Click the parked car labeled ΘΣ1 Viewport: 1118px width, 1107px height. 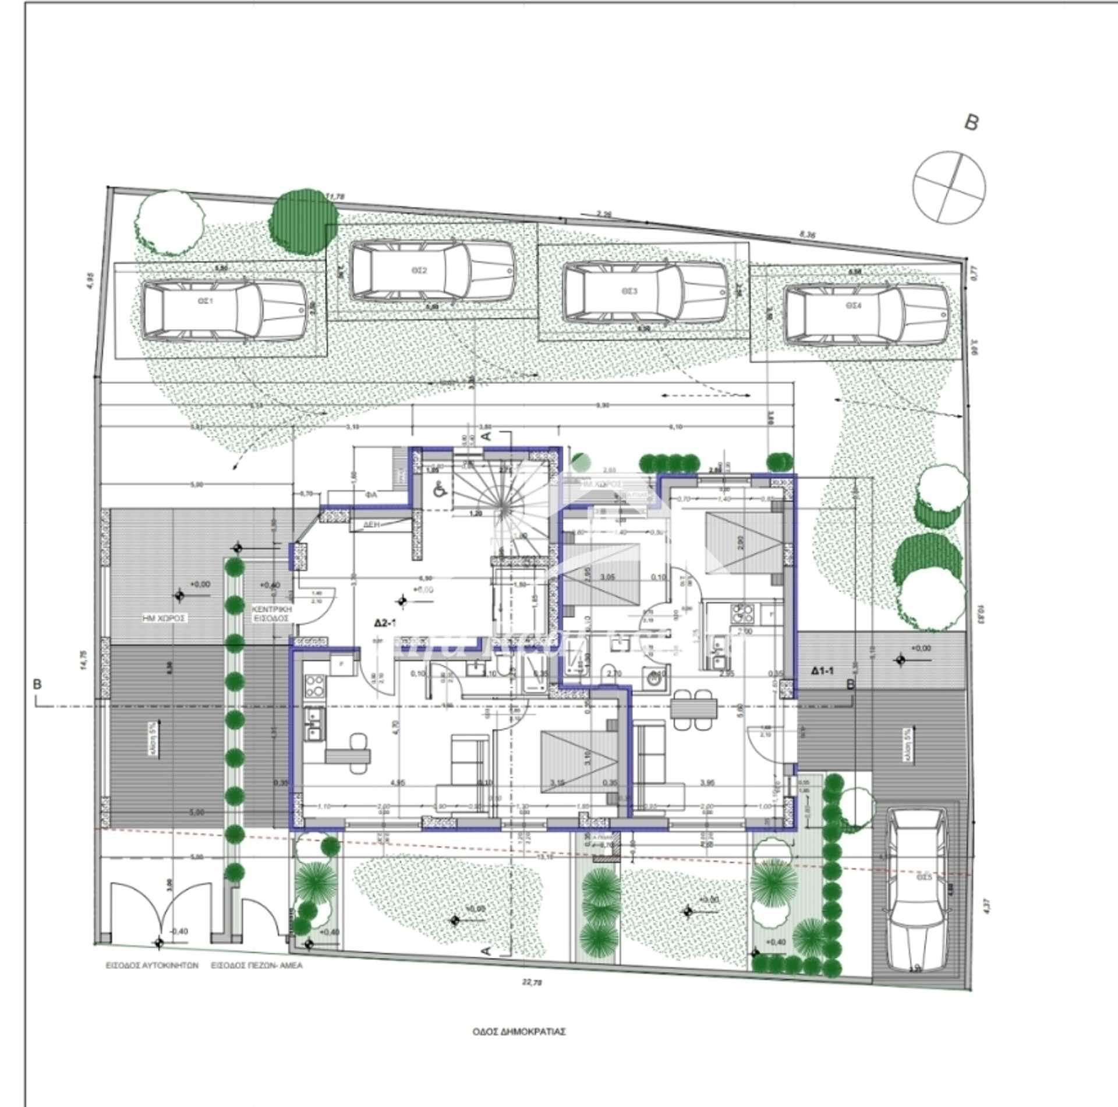224,311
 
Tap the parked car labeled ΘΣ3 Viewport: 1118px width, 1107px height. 645,292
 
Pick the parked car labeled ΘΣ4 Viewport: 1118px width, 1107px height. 866,313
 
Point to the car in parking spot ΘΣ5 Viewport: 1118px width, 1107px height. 917,890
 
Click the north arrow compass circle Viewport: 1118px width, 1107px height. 950,187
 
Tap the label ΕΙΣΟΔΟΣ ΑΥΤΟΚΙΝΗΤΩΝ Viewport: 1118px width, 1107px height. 152,965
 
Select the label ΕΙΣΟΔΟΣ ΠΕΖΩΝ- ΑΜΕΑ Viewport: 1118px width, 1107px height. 257,965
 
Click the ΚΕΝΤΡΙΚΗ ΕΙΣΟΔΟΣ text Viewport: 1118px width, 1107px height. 270,614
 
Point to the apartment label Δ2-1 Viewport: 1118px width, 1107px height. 385,623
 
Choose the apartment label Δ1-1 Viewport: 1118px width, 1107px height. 822,671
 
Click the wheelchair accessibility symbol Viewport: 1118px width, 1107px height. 441,491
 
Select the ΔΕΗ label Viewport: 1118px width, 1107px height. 372,524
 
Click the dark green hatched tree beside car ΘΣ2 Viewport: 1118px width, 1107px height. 303,220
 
